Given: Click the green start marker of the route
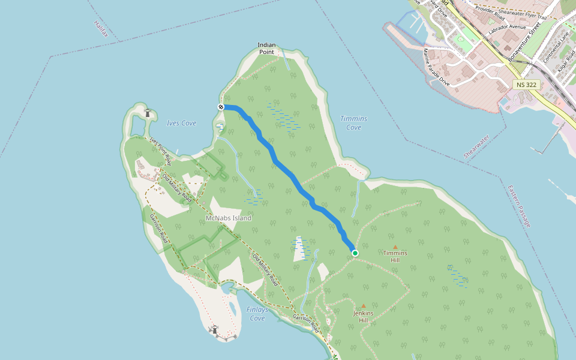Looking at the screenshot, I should click(355, 253).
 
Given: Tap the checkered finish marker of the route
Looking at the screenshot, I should click(221, 107).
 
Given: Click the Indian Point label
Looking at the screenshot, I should click(266, 49).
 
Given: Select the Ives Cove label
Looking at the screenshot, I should click(181, 123).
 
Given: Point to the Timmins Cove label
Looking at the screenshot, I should click(353, 123).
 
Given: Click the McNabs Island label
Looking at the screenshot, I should click(229, 218).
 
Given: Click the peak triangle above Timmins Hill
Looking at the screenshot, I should click(395, 247).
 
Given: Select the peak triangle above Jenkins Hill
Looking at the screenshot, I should click(363, 306).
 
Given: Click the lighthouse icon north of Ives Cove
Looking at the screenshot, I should click(148, 112).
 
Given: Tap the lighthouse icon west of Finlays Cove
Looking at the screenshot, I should click(214, 329).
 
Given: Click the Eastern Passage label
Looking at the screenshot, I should click(519, 206).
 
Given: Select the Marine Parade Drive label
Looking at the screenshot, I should click(436, 67).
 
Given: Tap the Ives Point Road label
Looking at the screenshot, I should click(161, 151).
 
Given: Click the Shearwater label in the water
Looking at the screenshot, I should click(476, 146).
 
